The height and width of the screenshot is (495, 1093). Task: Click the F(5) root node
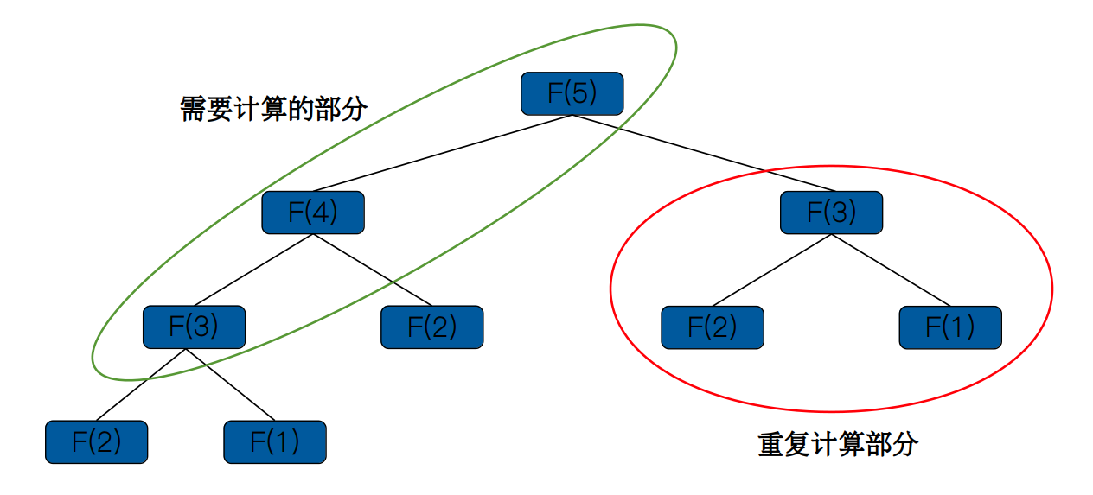572,93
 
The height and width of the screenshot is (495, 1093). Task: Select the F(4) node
313,213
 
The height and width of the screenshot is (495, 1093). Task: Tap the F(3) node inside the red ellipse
831,213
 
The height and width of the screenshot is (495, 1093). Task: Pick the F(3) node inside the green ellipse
194,327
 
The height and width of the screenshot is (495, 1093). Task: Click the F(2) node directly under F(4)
431,327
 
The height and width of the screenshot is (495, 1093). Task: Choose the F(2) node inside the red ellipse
712,327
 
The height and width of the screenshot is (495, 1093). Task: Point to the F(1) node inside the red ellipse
949,327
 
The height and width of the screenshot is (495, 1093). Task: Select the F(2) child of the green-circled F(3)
96,442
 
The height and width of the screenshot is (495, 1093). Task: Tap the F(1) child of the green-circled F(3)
274,442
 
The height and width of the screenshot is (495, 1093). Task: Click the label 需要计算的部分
274,109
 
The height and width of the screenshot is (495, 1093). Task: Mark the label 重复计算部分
838,445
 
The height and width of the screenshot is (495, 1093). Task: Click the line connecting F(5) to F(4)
442,153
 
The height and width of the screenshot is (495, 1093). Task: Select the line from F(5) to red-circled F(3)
702,153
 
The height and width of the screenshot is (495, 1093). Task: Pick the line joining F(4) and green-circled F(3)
253,270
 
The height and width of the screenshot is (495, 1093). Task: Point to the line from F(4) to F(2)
372,270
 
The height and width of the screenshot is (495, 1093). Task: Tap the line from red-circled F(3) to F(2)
771,270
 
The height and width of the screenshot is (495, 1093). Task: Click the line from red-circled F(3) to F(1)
891,270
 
